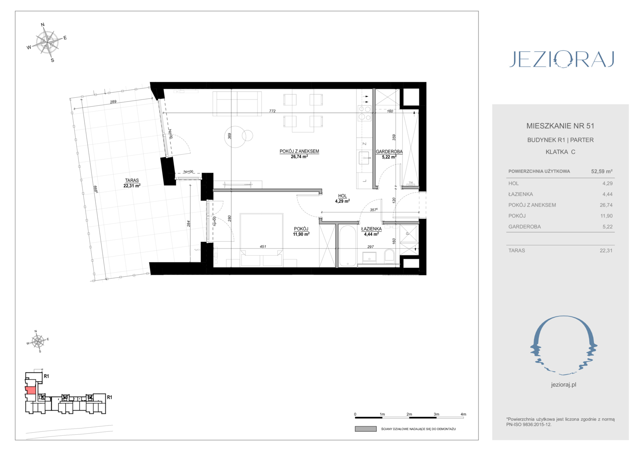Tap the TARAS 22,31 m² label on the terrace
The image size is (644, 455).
coord(132,183)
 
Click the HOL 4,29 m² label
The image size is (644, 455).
coord(342,198)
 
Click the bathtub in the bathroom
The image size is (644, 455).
coord(347,246)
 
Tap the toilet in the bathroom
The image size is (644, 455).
coord(389,255)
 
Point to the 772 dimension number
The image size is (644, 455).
coord(272,111)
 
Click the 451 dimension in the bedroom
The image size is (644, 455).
coord(263,246)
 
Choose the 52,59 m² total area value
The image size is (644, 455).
coord(601,171)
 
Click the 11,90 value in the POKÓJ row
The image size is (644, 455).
coord(606,216)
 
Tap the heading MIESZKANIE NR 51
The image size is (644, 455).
coord(560,126)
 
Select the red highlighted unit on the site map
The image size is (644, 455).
coord(30,390)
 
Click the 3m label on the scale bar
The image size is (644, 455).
coord(436,414)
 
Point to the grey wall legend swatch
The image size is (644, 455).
coord(366,429)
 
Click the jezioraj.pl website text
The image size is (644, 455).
coord(563,385)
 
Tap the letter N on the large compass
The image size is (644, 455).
coord(43,25)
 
